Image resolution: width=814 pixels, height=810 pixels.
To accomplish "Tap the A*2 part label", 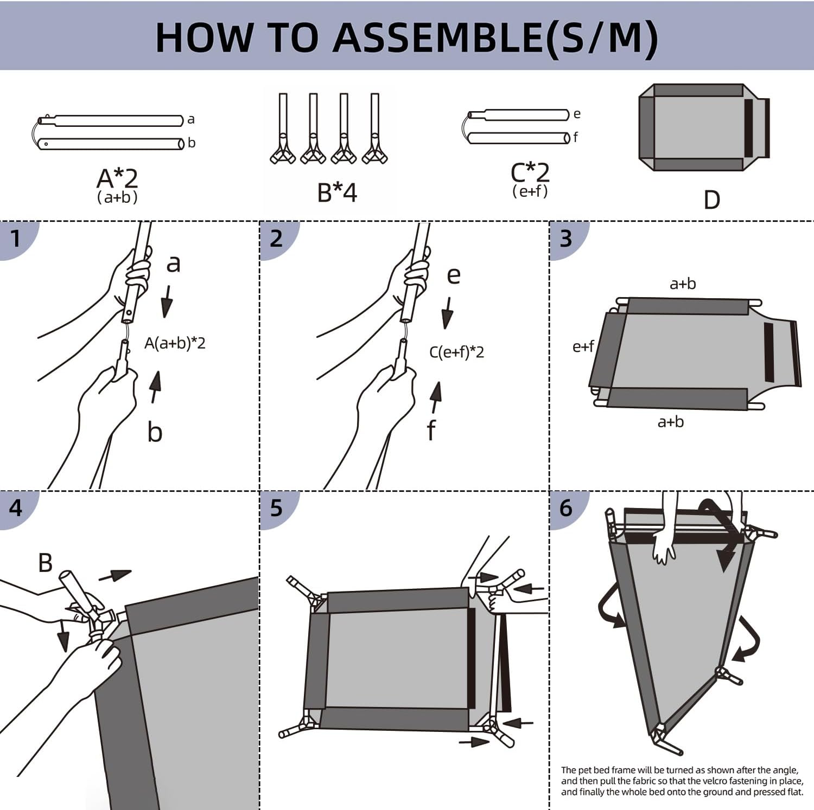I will [117, 178].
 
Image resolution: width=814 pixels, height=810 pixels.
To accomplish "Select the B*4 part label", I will [337, 192].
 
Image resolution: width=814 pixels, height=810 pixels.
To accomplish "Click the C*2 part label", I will [530, 173].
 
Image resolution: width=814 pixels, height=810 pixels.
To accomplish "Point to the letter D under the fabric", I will [711, 200].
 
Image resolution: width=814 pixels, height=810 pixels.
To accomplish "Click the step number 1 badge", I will [15, 238].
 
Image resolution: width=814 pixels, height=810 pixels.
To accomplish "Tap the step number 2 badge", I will [276, 239].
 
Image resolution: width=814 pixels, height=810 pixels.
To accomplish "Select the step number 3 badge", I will [565, 239].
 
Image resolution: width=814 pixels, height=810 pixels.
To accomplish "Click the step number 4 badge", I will [16, 508].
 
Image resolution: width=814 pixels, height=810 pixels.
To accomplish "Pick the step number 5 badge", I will [276, 508].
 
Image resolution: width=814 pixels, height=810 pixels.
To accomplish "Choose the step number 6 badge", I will [565, 508].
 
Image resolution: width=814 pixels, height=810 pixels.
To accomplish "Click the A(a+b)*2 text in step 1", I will [175, 343].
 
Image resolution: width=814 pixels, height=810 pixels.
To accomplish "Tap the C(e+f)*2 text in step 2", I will [456, 352].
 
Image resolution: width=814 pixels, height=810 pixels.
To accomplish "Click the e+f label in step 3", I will [583, 346].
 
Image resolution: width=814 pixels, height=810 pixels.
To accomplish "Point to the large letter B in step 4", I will [46, 563].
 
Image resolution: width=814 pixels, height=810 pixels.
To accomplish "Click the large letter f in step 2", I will [431, 430].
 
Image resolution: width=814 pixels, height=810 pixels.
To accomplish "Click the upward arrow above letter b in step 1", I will [156, 386].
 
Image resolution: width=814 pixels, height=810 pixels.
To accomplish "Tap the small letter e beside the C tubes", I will [577, 114].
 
